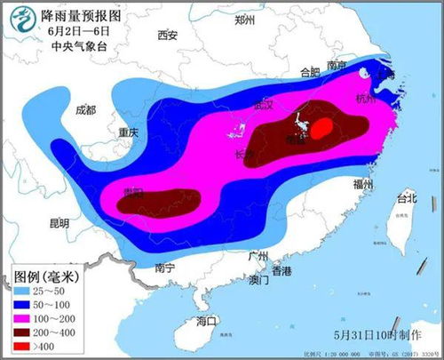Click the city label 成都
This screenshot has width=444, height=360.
pyautogui.click(x=86, y=110)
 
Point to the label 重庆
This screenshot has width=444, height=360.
pyautogui.click(x=129, y=132)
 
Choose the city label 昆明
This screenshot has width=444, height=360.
pyautogui.click(x=59, y=223)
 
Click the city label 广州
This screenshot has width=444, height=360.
pyautogui.click(x=258, y=256)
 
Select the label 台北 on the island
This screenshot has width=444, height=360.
pyautogui.click(x=405, y=197)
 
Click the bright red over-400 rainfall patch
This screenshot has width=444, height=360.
pyautogui.click(x=324, y=129)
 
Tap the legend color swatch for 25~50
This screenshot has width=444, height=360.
pyautogui.click(x=21, y=291)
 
